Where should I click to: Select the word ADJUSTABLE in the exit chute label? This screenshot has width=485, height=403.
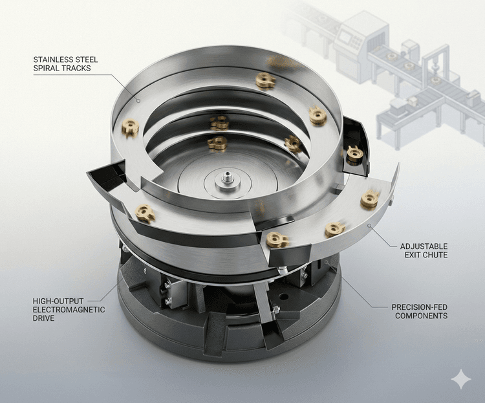(x=424, y=246)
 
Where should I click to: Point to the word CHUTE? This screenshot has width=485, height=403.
(x=435, y=256)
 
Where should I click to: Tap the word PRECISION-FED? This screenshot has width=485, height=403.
(x=420, y=307)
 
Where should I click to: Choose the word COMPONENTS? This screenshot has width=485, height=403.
(x=420, y=316)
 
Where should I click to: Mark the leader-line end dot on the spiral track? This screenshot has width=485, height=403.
(x=138, y=100)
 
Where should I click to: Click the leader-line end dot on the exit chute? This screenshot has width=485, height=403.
(x=369, y=225)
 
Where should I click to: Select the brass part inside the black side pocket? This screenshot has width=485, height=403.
(x=354, y=153)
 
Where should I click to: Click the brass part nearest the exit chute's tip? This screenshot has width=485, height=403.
(x=370, y=199)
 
